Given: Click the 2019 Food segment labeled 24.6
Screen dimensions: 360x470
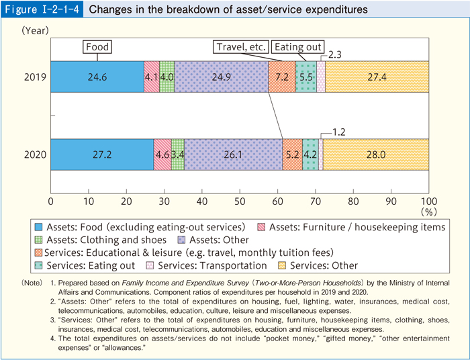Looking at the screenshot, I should (97, 77).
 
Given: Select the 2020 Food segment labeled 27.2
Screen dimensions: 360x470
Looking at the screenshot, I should (102, 154).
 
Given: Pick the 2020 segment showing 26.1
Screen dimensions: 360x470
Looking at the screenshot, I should (233, 154).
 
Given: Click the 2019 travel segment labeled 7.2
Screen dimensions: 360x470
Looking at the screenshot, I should (282, 77).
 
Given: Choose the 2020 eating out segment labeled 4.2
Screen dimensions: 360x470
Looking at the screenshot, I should (310, 154).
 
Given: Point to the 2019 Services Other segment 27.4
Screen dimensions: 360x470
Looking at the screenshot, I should (377, 77).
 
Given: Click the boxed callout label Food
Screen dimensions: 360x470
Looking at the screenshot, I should (97, 47).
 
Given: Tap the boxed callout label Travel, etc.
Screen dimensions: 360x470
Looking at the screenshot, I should (242, 47).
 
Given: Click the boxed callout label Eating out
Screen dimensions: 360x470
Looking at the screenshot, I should (298, 47).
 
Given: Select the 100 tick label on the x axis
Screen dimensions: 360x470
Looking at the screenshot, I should (428, 201).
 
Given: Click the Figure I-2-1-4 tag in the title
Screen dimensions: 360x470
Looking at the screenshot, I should (42, 10).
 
